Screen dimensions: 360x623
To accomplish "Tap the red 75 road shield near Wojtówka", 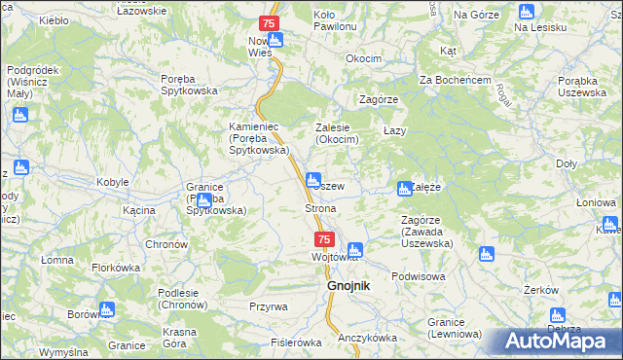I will tap(324, 239).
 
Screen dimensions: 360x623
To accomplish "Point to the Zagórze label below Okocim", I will tap(379, 100).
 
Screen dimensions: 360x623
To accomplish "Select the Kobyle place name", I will tap(113, 183).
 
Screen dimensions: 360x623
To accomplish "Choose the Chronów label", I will tap(165, 244).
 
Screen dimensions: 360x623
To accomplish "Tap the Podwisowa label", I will tap(418, 276).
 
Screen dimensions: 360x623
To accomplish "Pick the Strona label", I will tap(320, 209).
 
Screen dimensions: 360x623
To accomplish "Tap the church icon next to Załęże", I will tap(404, 189).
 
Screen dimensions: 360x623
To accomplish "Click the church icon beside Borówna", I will tap(106, 310).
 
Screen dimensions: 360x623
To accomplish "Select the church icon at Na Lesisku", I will tap(527, 13).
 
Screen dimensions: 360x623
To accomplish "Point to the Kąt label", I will tap(448, 50).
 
